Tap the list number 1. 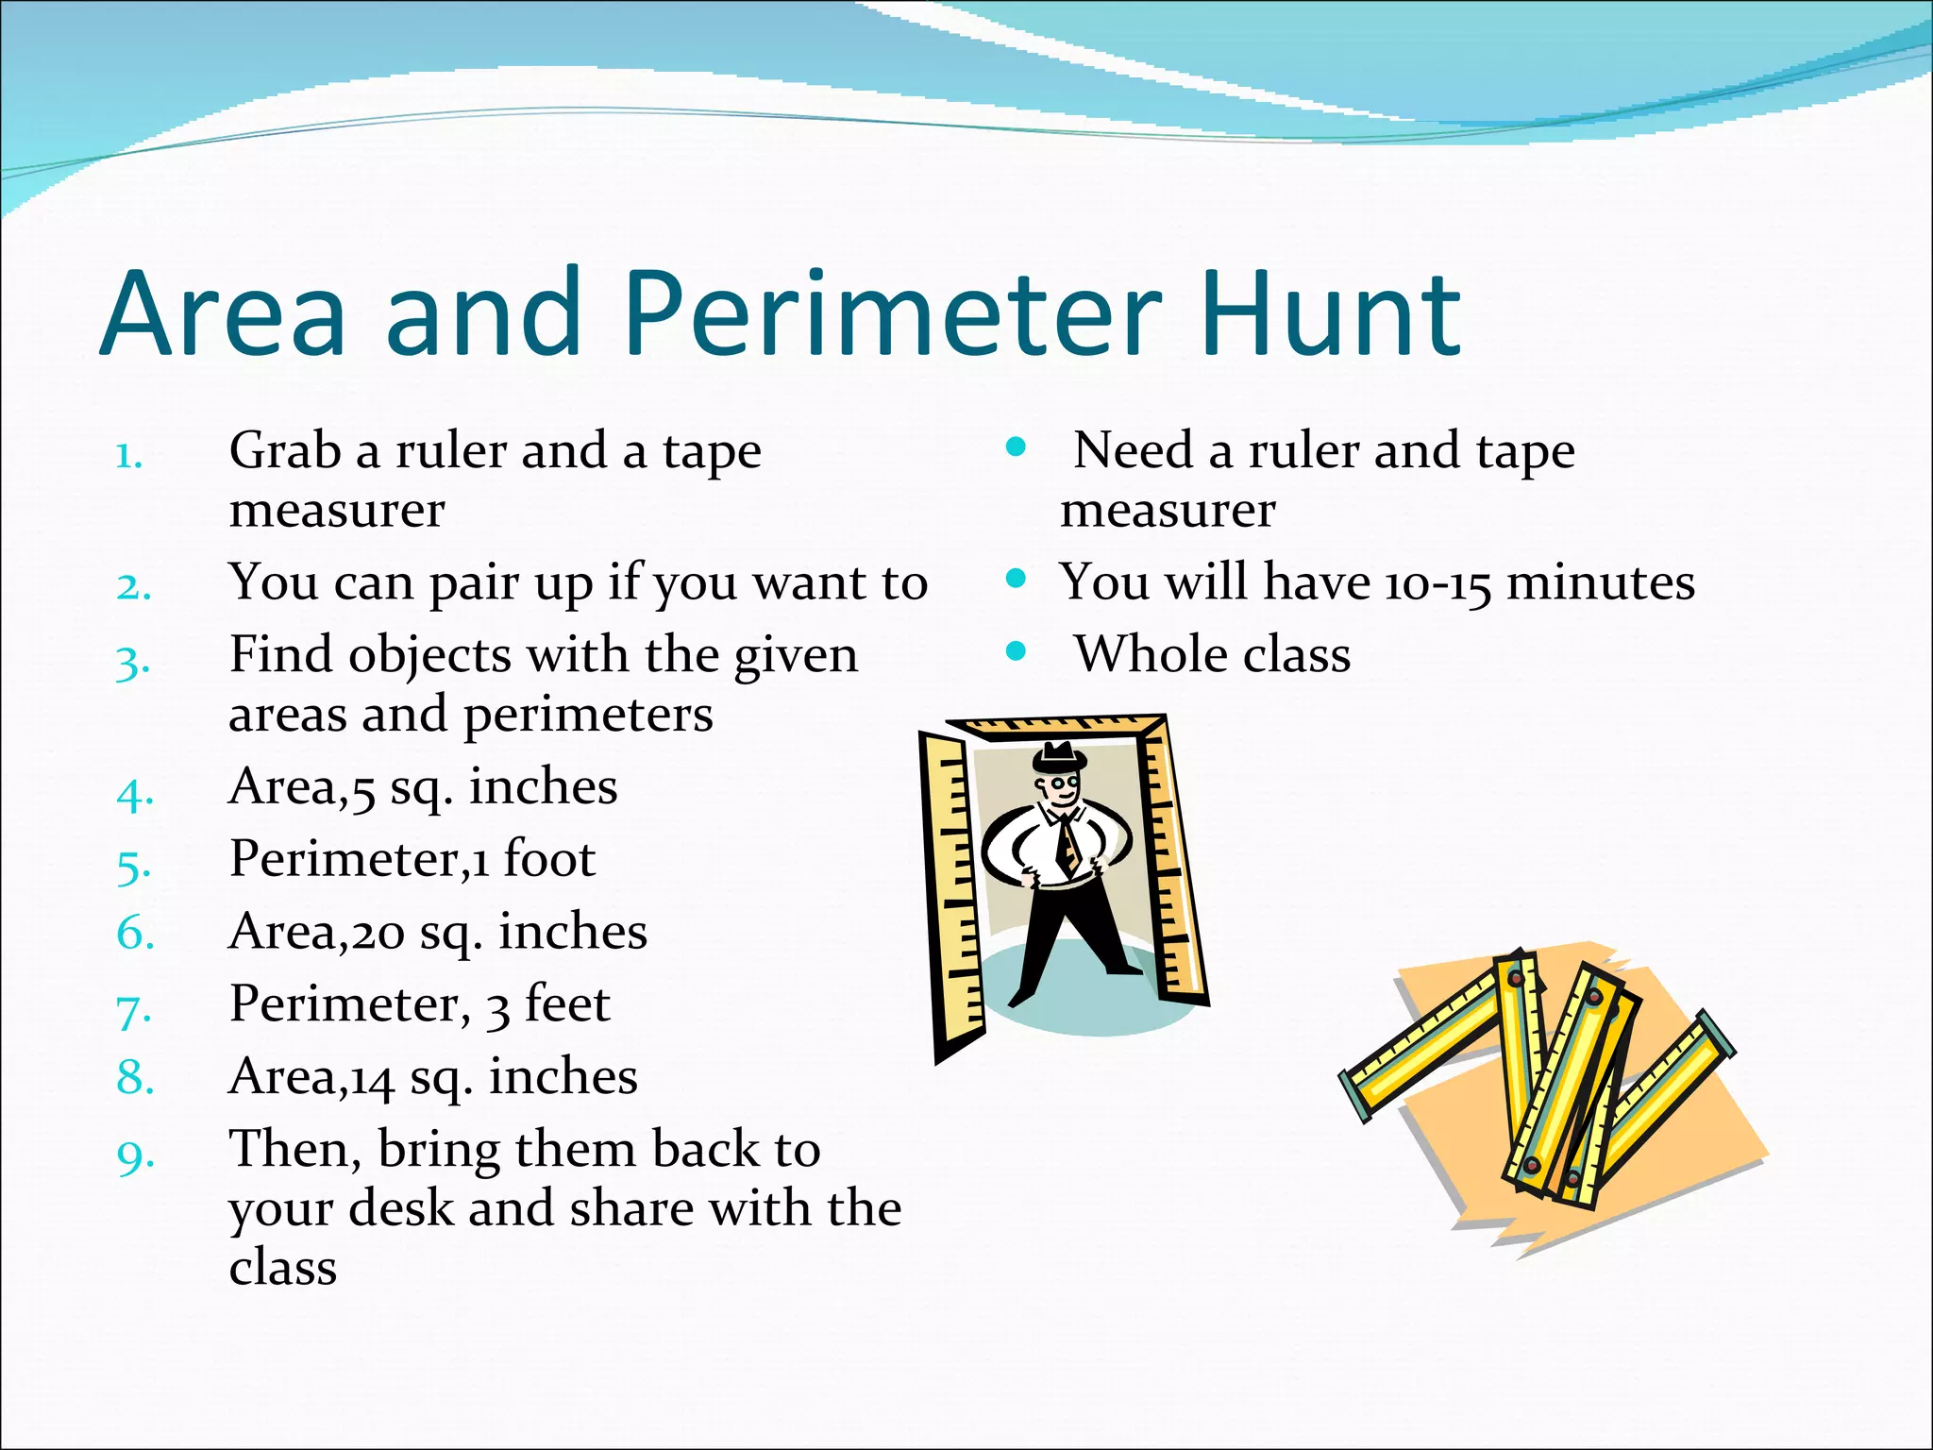click(129, 457)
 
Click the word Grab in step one click(284, 450)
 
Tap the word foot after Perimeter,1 click(549, 859)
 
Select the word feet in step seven click(567, 1003)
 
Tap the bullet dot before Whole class click(1016, 650)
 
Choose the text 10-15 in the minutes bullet click(1437, 584)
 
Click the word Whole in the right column click(1147, 654)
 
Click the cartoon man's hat click(1058, 757)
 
